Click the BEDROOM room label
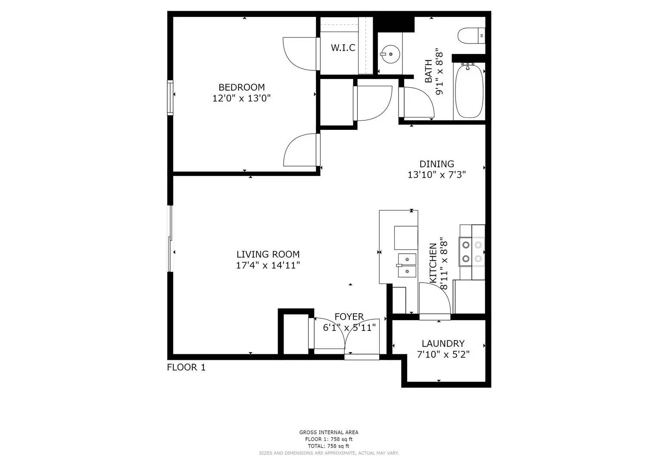(241, 87)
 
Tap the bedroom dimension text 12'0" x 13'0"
(241, 98)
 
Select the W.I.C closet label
(343, 47)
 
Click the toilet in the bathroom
(471, 36)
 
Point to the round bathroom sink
(390, 54)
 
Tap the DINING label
(437, 164)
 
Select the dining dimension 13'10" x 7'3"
(437, 175)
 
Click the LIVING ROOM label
(268, 254)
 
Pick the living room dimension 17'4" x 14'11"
(268, 265)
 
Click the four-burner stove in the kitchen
(472, 252)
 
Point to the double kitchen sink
(407, 265)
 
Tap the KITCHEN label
(433, 263)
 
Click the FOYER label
(349, 317)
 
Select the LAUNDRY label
(443, 343)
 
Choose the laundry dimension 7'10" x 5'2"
(443, 355)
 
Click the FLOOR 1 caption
(186, 368)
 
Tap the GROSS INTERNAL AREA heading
(329, 432)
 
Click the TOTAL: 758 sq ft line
(329, 446)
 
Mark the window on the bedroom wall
(170, 98)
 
